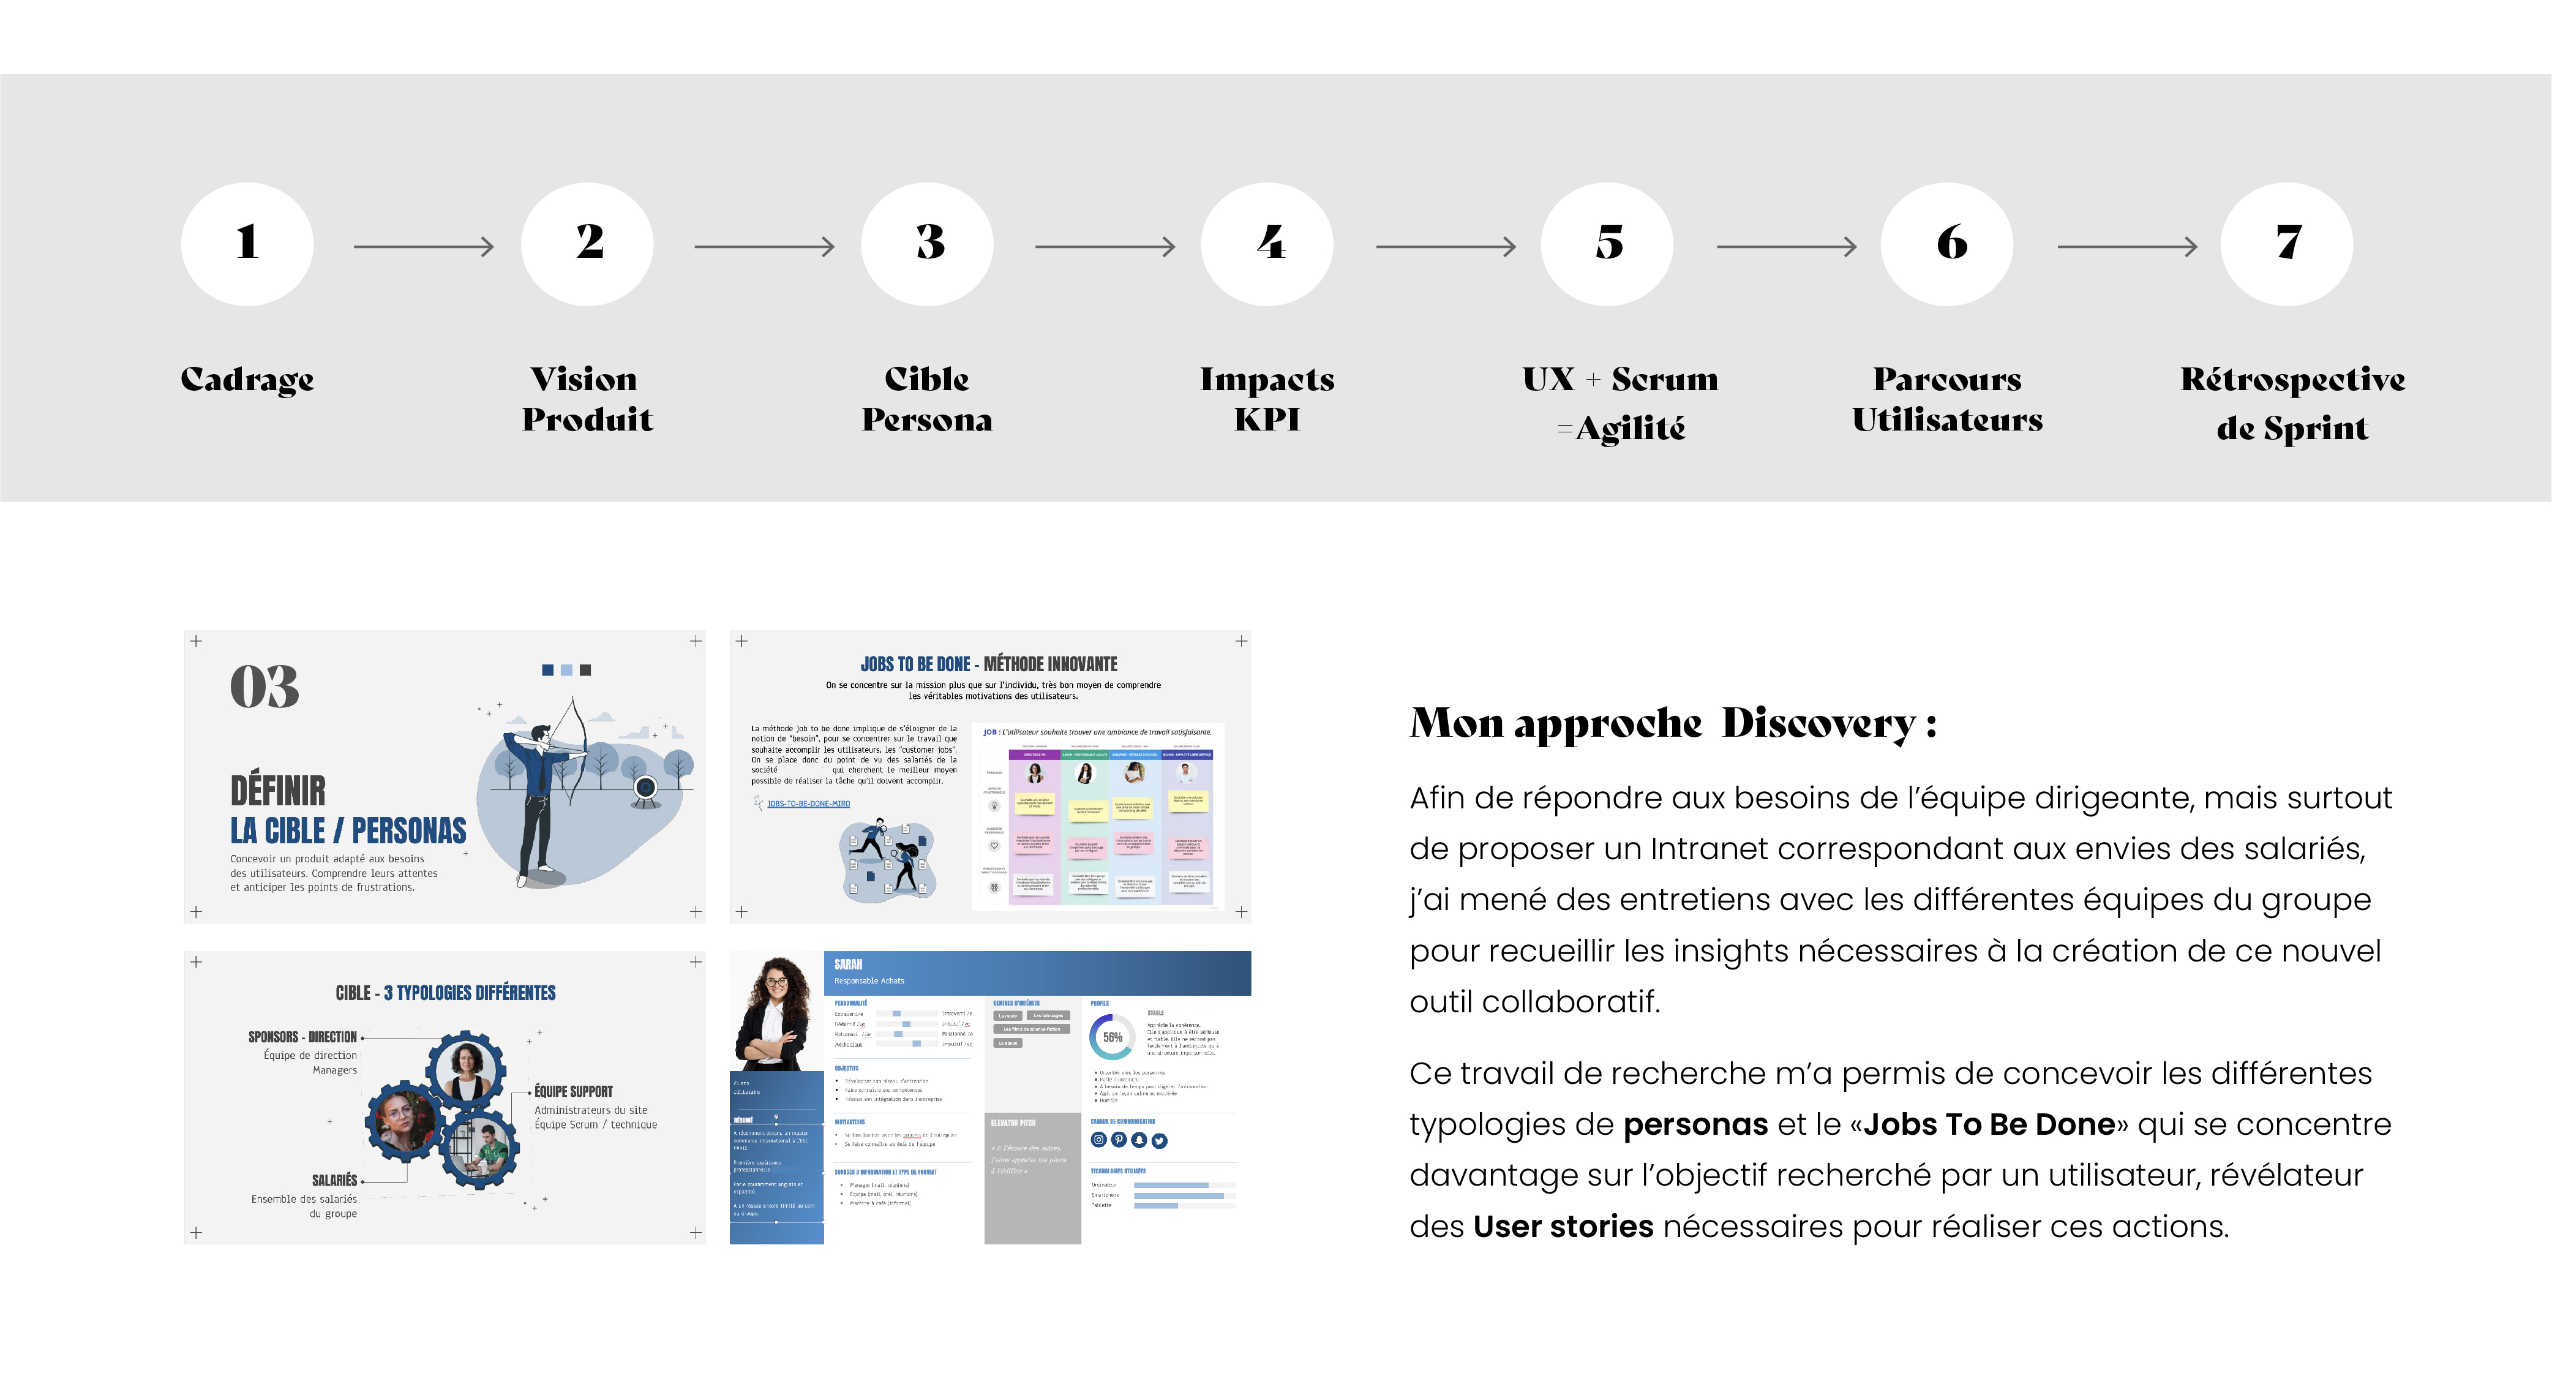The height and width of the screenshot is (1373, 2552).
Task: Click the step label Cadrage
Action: (247, 380)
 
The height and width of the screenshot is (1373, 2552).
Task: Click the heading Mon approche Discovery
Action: (1672, 723)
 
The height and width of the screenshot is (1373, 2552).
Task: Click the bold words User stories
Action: (1563, 1227)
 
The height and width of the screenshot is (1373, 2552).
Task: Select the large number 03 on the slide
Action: (265, 686)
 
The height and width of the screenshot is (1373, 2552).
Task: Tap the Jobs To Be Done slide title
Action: (989, 664)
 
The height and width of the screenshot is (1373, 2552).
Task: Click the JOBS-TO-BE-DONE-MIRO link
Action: (808, 803)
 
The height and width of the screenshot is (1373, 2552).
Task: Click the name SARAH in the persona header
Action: (848, 964)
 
